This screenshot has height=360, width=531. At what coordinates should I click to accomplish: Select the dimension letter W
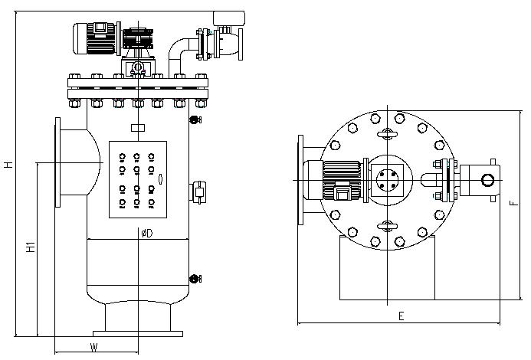click(x=93, y=347)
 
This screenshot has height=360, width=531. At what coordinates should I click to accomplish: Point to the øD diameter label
click(x=146, y=233)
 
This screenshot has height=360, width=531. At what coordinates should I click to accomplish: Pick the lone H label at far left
click(x=8, y=163)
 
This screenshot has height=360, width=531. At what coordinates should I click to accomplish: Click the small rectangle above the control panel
click(x=137, y=127)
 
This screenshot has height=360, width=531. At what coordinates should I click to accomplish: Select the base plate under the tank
click(x=138, y=333)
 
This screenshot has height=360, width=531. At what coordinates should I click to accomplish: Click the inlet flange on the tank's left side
click(x=58, y=162)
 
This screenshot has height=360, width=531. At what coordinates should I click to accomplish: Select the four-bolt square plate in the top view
click(x=387, y=179)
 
